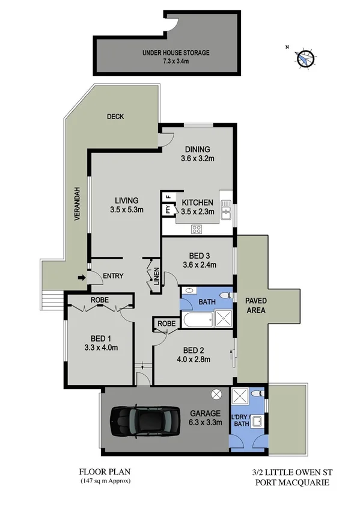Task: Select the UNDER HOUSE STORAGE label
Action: [176, 53]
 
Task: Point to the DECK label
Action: [115, 117]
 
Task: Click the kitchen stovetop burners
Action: [197, 228]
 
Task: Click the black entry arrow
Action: [81, 277]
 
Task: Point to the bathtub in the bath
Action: [195, 320]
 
